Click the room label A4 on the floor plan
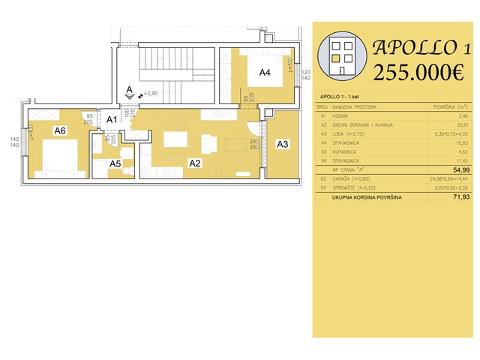click(265, 73)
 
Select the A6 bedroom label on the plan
click(61, 130)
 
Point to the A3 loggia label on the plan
click(283, 144)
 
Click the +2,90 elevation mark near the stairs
click(150, 94)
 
